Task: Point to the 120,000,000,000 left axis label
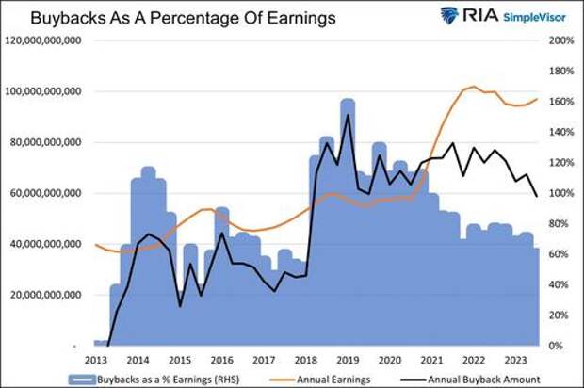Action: pyautogui.click(x=44, y=40)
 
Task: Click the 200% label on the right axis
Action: pyautogui.click(x=561, y=40)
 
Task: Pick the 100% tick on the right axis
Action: pyautogui.click(x=561, y=193)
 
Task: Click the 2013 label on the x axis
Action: pyautogui.click(x=95, y=361)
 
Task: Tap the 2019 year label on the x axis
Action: pyautogui.click(x=348, y=361)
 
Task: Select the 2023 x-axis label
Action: pyautogui.click(x=516, y=361)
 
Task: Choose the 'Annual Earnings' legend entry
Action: pyautogui.click(x=325, y=379)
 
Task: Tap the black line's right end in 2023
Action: pyautogui.click(x=537, y=196)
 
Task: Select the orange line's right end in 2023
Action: pyautogui.click(x=537, y=99)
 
